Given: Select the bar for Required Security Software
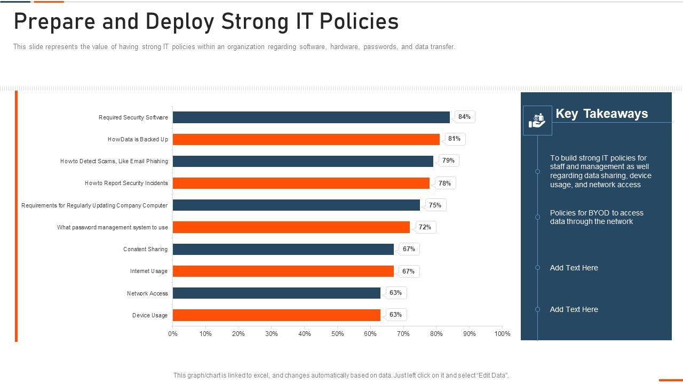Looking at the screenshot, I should point(311,117).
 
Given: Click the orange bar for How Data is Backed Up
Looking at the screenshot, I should point(306,139).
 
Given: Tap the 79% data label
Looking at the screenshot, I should point(448,161).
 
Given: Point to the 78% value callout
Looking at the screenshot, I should point(444,183).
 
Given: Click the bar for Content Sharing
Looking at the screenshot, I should point(283,249).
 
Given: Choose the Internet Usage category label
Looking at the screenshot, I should point(148,271).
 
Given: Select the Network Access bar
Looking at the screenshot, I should point(276,293).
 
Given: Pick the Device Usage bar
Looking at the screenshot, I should point(276,315).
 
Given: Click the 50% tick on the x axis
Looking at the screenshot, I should point(337,334).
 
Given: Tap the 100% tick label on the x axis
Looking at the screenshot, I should point(502,334).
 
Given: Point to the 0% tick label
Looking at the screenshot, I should point(173,334).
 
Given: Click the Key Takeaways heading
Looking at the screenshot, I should point(601,114).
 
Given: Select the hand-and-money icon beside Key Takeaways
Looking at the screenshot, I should point(537,121).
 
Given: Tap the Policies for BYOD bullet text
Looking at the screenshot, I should point(597,217).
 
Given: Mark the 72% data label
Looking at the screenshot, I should point(425,227).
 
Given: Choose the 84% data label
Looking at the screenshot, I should point(464,117).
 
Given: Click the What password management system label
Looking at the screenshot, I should point(112,228).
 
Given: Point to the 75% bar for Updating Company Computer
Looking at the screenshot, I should point(296,205).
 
